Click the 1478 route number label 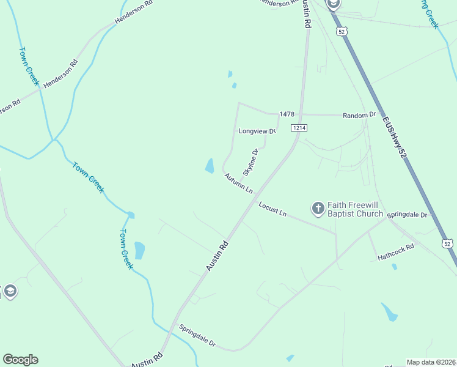287,114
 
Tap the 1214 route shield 299,127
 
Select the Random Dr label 359,115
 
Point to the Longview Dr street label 257,131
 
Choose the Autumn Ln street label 238,183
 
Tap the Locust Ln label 272,209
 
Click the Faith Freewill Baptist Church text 355,209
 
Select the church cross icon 318,209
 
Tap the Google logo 20,360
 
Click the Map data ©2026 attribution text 431,362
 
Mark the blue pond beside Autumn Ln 210,165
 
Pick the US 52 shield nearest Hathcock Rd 448,243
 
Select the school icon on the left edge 9,291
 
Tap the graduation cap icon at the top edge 333,4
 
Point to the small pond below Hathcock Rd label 395,267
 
